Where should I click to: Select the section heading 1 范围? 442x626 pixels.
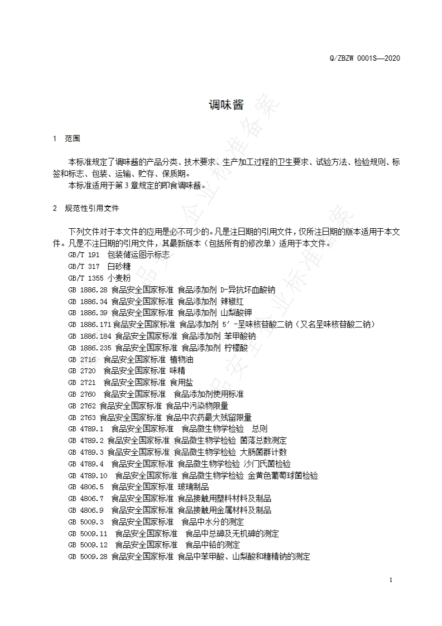point(66,138)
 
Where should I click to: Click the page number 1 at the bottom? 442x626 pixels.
point(391,580)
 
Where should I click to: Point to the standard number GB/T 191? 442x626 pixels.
point(84,255)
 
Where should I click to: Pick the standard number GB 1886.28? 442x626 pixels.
point(88,290)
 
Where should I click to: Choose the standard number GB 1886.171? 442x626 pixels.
point(89,324)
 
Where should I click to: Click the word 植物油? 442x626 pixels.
point(181,359)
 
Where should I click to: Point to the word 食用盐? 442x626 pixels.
point(181,382)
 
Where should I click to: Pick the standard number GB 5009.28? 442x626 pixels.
point(88,557)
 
